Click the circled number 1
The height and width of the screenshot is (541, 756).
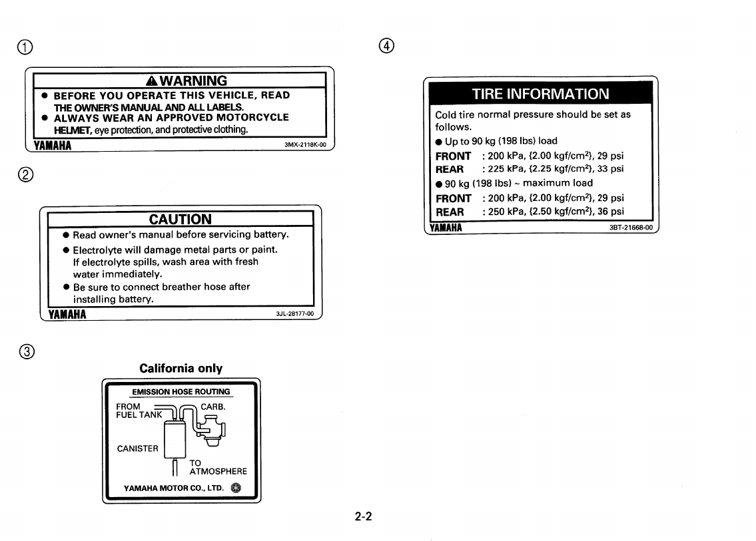pos(25,47)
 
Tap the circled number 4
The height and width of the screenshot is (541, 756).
pos(386,47)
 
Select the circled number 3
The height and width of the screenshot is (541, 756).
pos(25,351)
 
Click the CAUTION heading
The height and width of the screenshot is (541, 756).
pos(180,219)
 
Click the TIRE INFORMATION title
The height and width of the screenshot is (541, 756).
pos(540,94)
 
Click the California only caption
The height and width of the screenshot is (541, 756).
pos(181,368)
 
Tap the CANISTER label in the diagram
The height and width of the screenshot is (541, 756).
pos(137,448)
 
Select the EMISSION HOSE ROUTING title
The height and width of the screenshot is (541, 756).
pos(181,392)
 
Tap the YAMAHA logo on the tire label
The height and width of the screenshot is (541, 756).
pos(446,228)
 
